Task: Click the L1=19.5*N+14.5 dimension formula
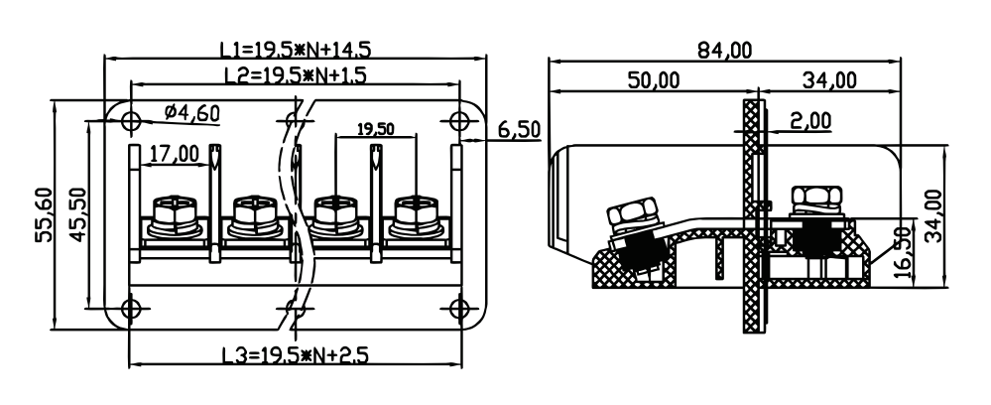pos(296,49)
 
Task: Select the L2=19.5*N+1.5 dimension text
pos(296,75)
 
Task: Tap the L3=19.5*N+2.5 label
pos(296,355)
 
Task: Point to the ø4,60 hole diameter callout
pos(192,113)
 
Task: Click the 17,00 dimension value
pos(174,153)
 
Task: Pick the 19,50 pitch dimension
pos(375,129)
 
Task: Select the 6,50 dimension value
pos(520,130)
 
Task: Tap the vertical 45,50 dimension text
pos(77,213)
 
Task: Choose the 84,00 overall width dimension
pos(725,50)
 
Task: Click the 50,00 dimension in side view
pos(654,80)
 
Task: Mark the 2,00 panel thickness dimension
pos(810,120)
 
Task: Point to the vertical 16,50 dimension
pos(905,252)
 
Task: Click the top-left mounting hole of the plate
pos(131,120)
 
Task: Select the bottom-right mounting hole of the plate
pos(459,309)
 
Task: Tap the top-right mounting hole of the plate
pos(459,120)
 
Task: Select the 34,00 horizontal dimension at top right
pos(830,80)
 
